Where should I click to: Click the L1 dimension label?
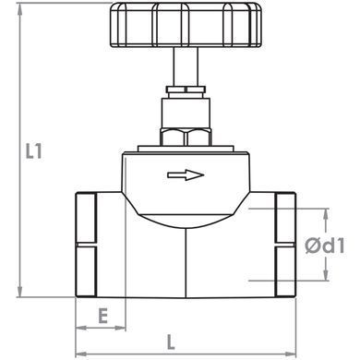pos(33,151)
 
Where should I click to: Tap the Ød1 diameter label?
pos(325,246)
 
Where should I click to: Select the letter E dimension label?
pos(103,316)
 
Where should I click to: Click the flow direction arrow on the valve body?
pos(186,175)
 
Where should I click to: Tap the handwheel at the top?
pos(186,25)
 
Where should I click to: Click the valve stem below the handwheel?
pos(186,66)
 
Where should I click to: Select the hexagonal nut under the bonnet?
pos(186,138)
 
